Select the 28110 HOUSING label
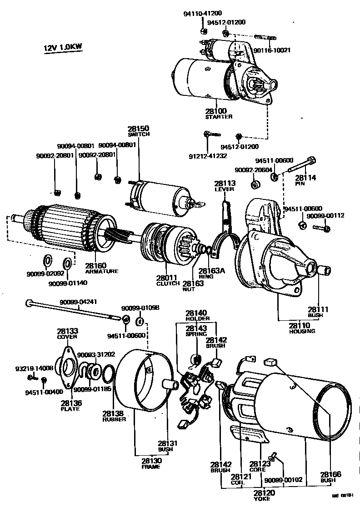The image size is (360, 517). click(x=302, y=328)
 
